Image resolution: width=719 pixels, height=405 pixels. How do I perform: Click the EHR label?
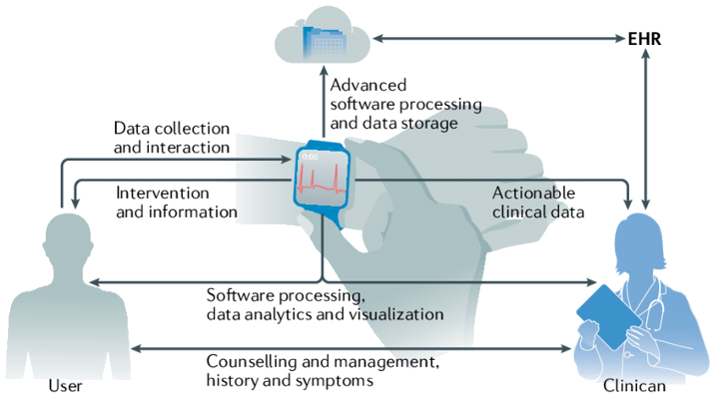tap(645, 40)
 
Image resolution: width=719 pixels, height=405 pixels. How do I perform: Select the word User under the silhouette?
tap(66, 385)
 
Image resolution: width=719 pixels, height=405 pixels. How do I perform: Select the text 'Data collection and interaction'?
tap(172, 138)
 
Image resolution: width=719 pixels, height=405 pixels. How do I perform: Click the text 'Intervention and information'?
tap(177, 202)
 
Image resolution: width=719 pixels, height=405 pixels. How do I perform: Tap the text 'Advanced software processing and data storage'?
tap(405, 104)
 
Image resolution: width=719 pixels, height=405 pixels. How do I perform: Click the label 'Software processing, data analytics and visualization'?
tap(325, 304)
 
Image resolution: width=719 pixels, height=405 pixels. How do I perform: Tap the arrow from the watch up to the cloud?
tap(322, 120)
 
